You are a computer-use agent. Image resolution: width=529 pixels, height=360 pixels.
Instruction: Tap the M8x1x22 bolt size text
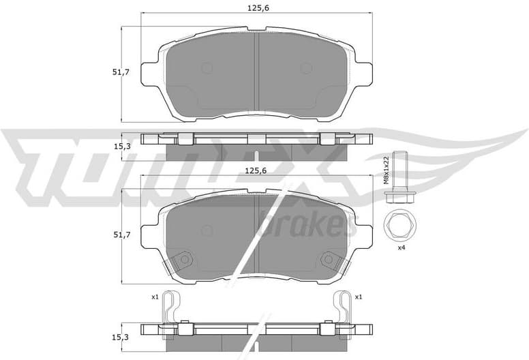[386, 170]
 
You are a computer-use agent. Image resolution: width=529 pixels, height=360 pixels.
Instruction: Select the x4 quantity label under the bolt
[402, 247]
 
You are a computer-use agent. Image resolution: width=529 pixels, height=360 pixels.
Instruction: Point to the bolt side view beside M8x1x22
[397, 181]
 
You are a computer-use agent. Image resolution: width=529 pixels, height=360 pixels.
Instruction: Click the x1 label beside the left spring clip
[155, 297]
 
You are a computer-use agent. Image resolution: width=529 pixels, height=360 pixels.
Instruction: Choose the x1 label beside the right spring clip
[359, 297]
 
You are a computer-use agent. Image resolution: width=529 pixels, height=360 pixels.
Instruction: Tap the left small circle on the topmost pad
[207, 68]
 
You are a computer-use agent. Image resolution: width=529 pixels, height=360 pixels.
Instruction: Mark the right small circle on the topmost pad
[306, 68]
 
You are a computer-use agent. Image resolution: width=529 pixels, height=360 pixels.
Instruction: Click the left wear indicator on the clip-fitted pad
[181, 260]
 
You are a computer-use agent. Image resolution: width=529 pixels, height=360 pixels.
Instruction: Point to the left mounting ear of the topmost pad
[149, 74]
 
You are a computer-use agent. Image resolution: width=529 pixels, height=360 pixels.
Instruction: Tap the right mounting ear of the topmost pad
[363, 74]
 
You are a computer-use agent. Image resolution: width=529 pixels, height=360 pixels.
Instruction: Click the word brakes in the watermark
[307, 223]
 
